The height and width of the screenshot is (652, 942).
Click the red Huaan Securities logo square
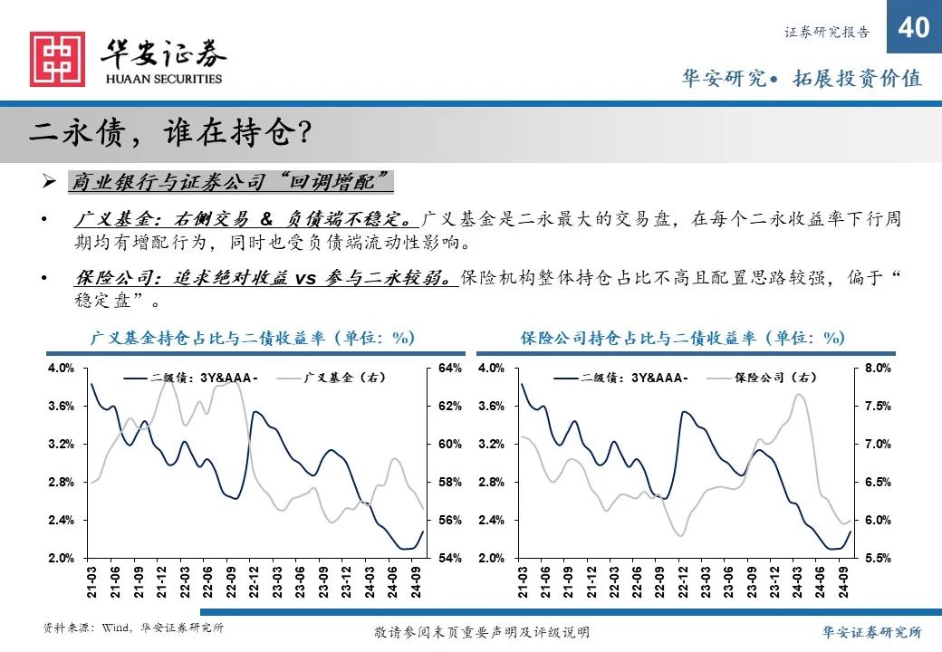pos(57,59)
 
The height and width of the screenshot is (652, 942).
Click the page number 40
pos(914,27)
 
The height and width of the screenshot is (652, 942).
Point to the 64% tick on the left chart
pos(449,369)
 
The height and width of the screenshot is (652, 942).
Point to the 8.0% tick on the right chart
pos(878,369)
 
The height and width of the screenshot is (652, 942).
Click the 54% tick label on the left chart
pos(449,559)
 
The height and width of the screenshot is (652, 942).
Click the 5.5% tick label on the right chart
pos(878,559)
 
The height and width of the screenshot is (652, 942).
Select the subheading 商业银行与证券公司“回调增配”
pos(230,182)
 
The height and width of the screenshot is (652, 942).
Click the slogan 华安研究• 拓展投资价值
pos(801,79)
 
